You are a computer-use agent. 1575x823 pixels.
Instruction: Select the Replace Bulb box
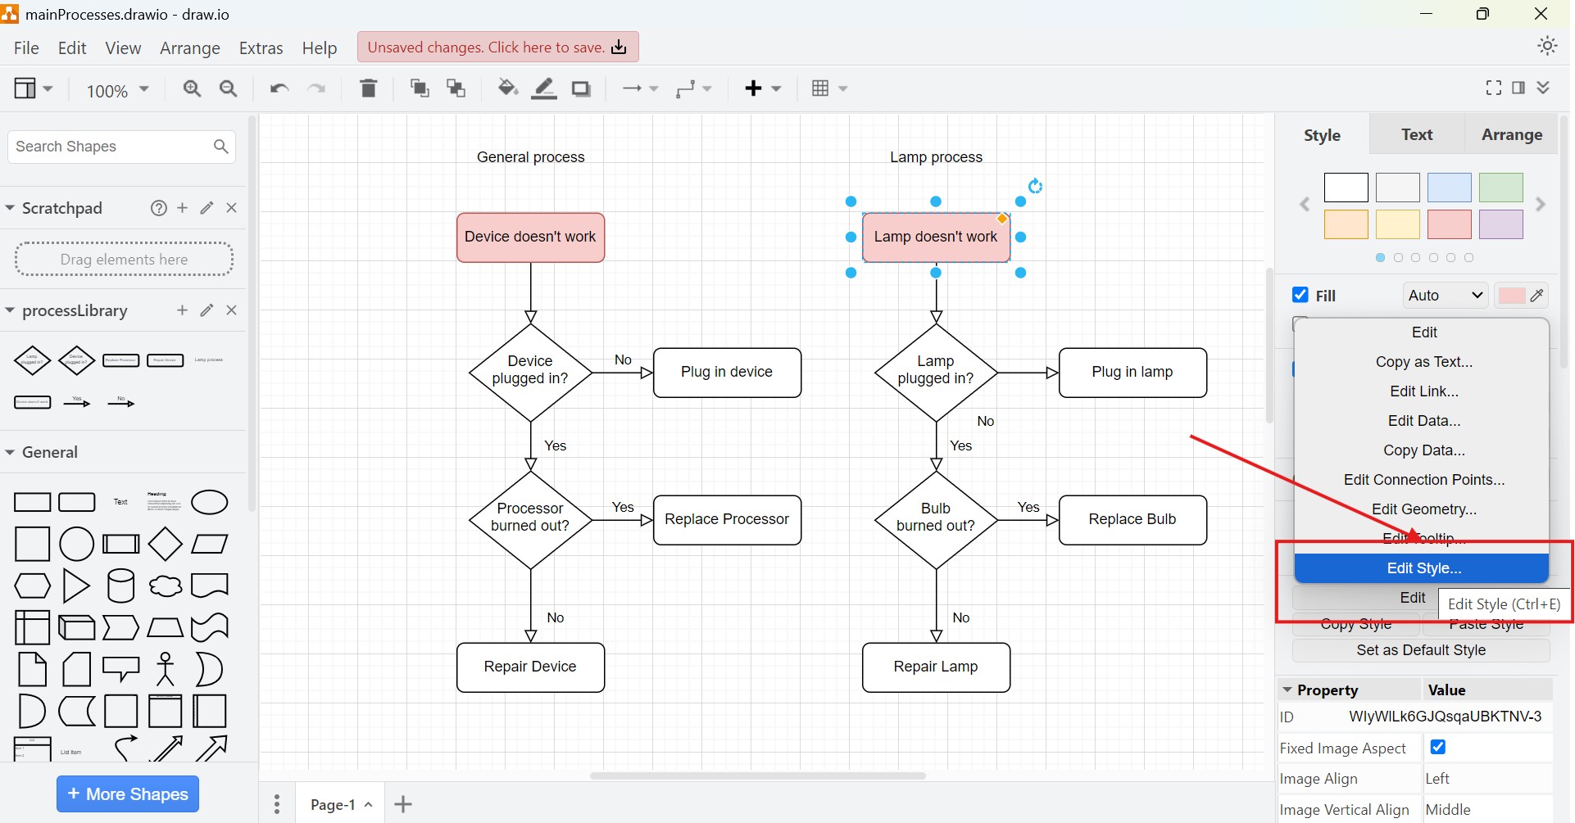click(x=1132, y=520)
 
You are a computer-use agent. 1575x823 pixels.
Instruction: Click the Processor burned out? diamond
click(x=530, y=518)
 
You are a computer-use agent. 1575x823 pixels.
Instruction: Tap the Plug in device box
click(x=727, y=373)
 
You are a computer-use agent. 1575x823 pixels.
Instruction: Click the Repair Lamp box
click(x=936, y=667)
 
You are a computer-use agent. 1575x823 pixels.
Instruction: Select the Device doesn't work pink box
click(x=530, y=237)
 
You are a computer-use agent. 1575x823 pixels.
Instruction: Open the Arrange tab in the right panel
click(x=1511, y=135)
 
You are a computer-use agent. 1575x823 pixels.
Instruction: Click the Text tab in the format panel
click(x=1416, y=135)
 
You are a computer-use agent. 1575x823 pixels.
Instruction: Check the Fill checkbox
click(x=1300, y=295)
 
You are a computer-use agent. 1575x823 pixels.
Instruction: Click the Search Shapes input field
click(x=111, y=147)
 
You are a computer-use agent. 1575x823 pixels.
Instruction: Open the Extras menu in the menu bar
click(x=261, y=48)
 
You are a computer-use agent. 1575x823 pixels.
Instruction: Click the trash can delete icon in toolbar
click(x=369, y=88)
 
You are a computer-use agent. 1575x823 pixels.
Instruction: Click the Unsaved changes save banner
click(x=497, y=47)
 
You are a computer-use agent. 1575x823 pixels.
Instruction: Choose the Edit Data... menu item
click(x=1423, y=421)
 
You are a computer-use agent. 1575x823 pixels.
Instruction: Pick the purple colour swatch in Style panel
click(x=1500, y=224)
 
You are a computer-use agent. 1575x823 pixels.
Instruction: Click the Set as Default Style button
click(x=1420, y=650)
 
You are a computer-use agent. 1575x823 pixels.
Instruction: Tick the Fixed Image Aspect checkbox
click(x=1438, y=747)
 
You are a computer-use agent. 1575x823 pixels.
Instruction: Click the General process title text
click(x=530, y=157)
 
